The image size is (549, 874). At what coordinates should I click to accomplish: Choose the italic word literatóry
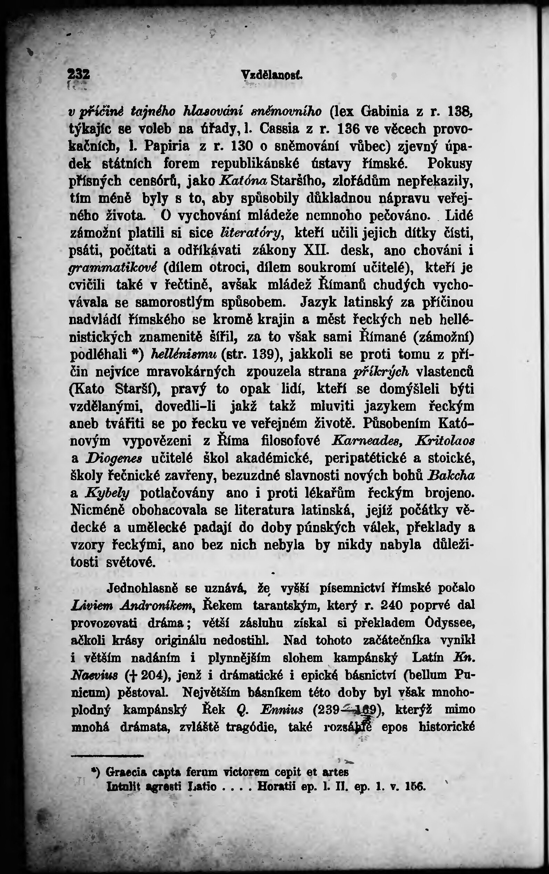pyautogui.click(x=252, y=233)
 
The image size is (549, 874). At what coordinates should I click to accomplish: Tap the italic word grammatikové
pyautogui.click(x=113, y=269)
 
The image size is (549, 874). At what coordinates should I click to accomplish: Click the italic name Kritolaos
pyautogui.click(x=445, y=441)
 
